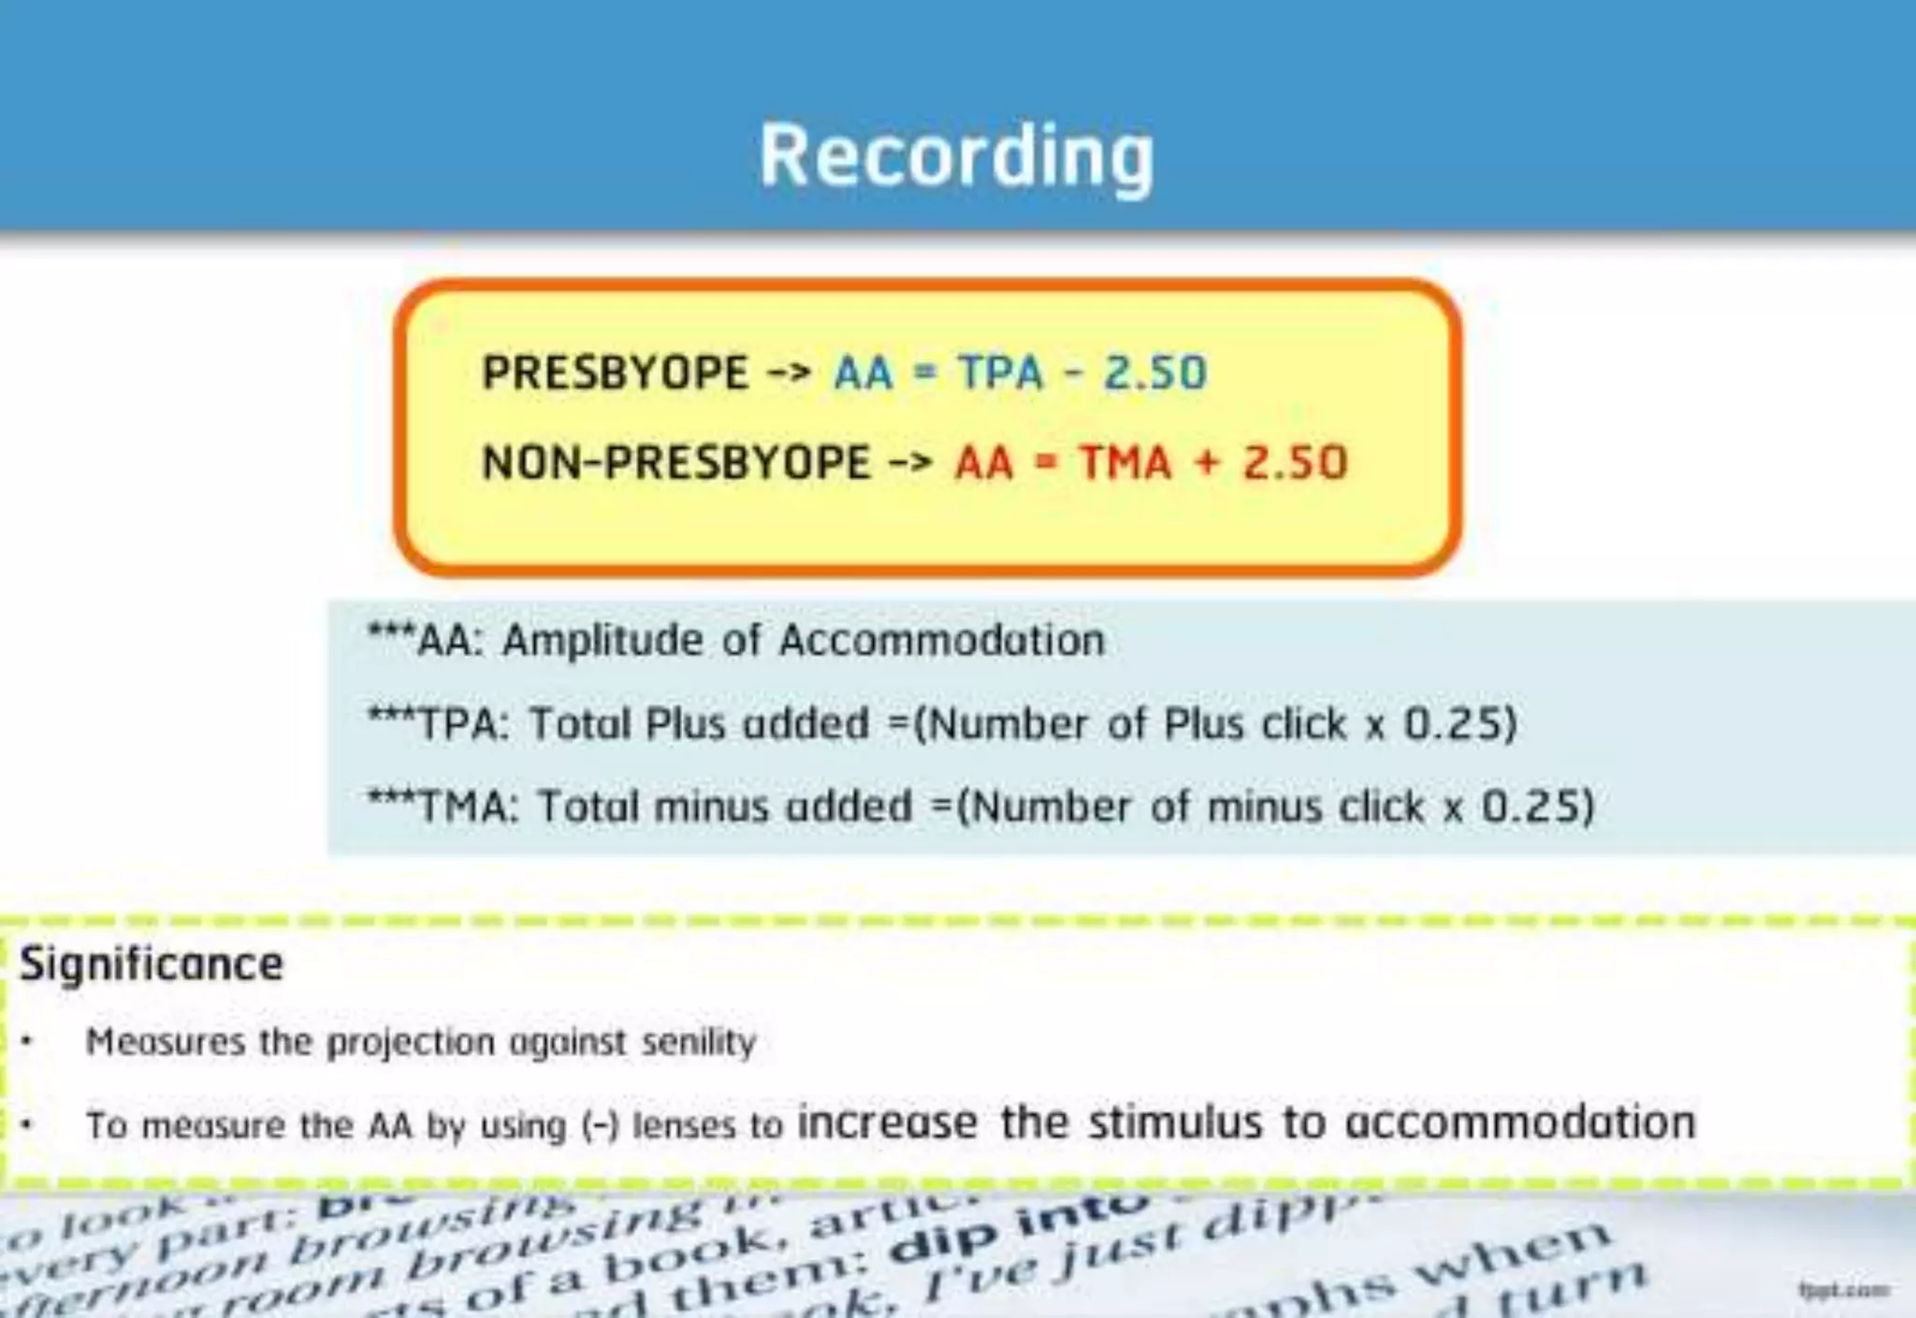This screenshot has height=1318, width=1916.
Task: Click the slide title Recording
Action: (x=956, y=156)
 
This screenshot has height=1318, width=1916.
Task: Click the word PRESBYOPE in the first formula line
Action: (x=615, y=372)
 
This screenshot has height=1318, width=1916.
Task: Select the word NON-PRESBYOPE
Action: (x=675, y=462)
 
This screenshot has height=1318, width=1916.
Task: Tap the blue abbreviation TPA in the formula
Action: (x=1000, y=372)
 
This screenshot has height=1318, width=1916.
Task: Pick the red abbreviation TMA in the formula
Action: (x=1125, y=462)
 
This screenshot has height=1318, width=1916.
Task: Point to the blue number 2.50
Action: (x=1155, y=372)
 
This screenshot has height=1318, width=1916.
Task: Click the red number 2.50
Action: (x=1295, y=462)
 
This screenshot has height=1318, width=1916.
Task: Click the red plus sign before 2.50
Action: (x=1208, y=462)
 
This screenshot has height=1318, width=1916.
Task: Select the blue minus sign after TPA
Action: (x=1074, y=373)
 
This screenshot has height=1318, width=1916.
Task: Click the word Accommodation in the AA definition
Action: (x=941, y=642)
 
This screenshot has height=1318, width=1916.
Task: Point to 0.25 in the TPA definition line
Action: (x=1459, y=724)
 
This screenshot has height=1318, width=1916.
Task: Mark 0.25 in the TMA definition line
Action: (x=1537, y=806)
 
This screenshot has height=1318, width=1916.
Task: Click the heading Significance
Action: (x=152, y=964)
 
